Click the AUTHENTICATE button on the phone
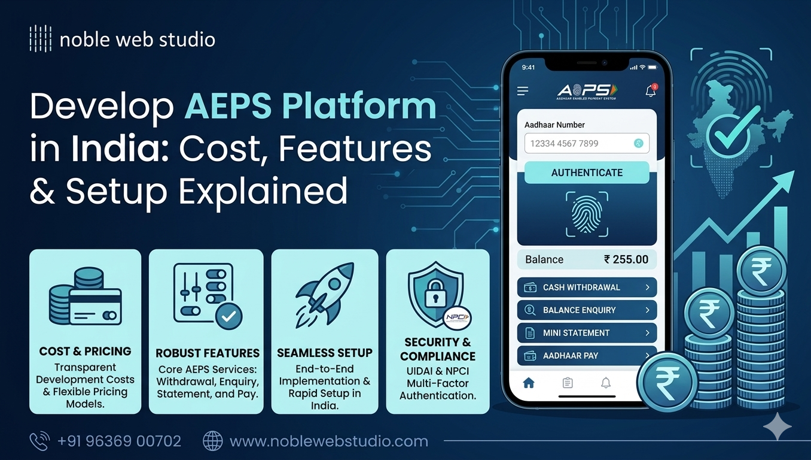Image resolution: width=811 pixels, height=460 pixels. (x=587, y=172)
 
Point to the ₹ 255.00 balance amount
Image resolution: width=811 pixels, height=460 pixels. (x=626, y=259)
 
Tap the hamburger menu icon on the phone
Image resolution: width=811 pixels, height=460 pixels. (x=523, y=91)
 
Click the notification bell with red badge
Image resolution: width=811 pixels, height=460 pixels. (x=651, y=91)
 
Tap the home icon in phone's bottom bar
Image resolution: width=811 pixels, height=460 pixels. (x=529, y=383)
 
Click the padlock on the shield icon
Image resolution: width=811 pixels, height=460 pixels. (x=435, y=293)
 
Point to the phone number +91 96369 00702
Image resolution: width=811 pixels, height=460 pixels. (x=119, y=441)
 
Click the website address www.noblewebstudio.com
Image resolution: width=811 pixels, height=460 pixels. (x=328, y=441)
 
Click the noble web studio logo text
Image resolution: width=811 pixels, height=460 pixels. (x=137, y=40)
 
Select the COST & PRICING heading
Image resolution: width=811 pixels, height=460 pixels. (x=85, y=351)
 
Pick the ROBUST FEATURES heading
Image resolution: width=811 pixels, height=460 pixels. (x=207, y=353)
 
